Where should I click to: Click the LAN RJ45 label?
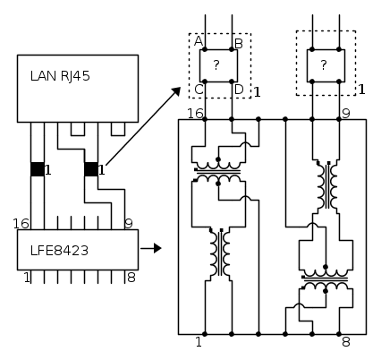(60, 76)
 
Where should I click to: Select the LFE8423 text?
(59, 251)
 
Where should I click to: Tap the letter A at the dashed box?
(199, 41)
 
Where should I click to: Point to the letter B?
(239, 44)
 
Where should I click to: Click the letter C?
(199, 90)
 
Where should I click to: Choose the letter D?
(239, 90)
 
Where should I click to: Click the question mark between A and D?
(216, 64)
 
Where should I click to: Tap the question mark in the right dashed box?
(324, 64)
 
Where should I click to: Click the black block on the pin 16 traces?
(38, 169)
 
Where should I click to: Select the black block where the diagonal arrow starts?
(91, 169)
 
